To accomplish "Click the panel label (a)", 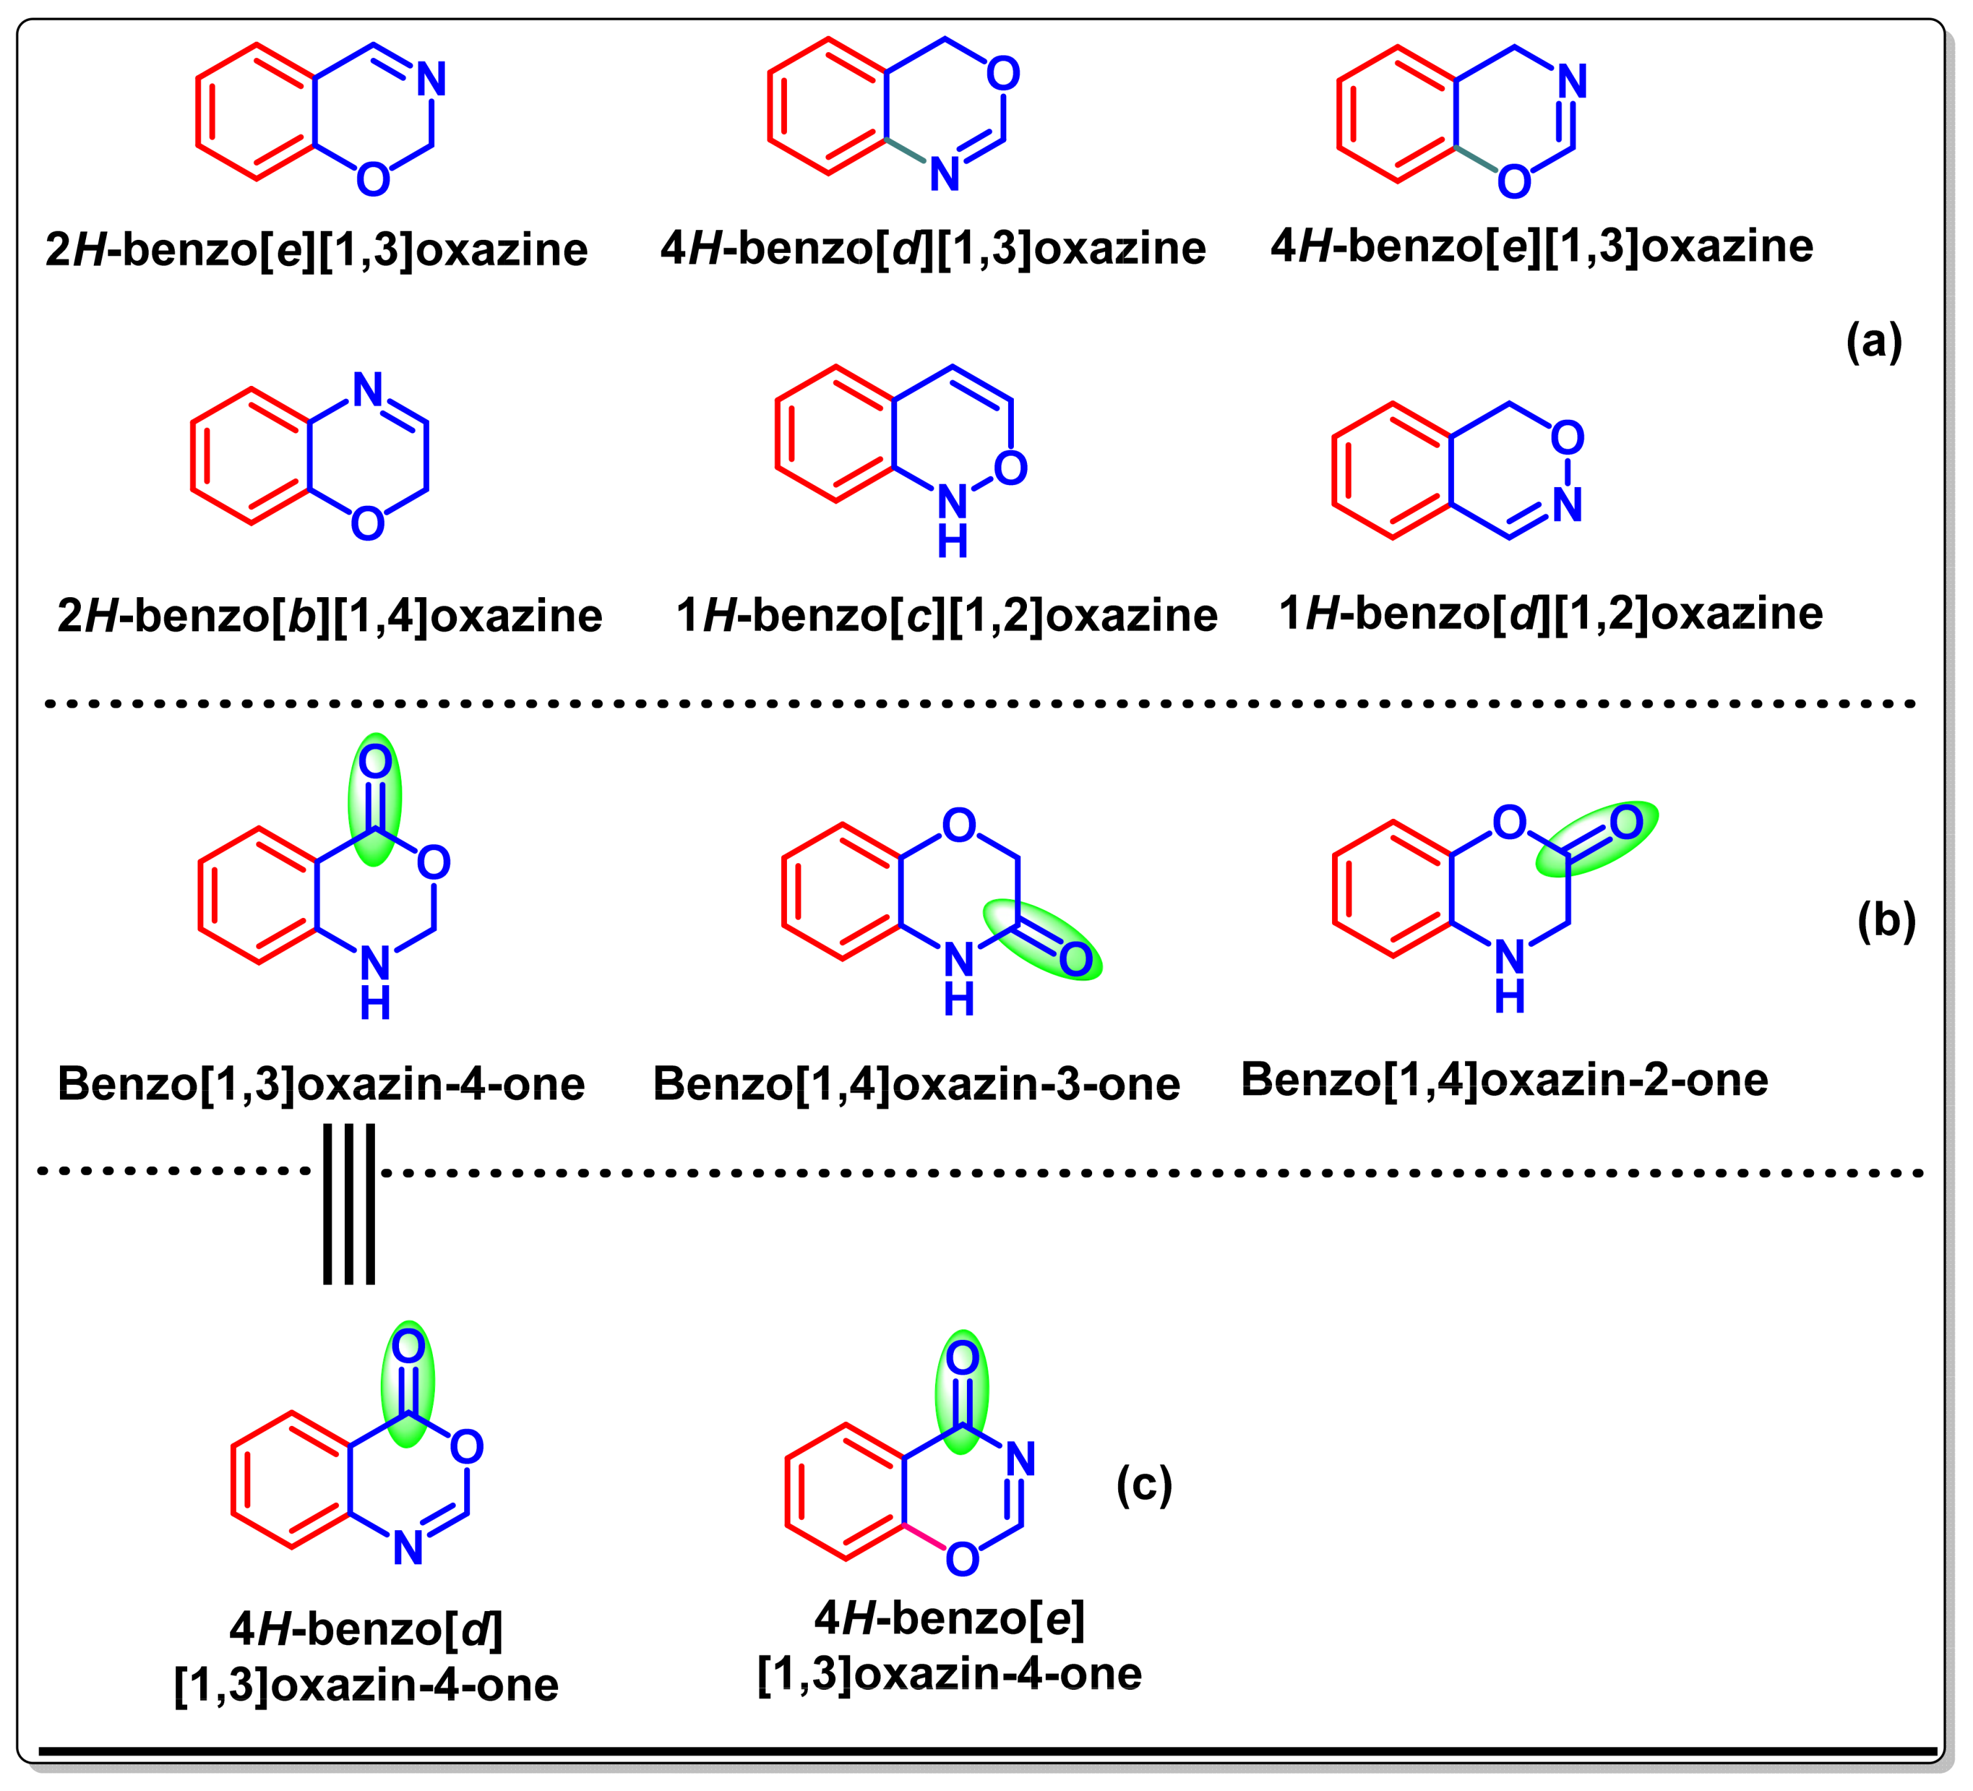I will point(1873,342).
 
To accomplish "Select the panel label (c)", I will point(1144,1485).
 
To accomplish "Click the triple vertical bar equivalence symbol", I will point(349,1204).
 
